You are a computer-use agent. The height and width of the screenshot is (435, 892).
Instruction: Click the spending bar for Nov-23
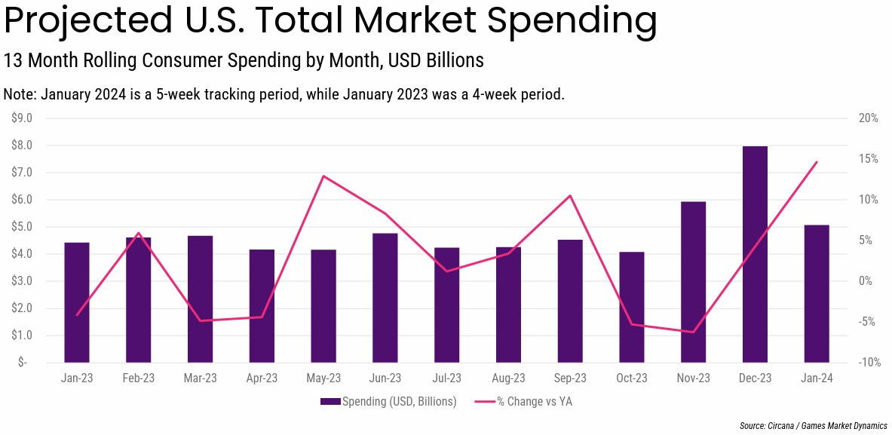pos(693,282)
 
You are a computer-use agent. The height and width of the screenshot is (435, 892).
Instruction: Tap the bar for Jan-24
pos(817,293)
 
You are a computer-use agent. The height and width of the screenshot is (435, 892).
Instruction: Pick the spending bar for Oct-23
pos(632,307)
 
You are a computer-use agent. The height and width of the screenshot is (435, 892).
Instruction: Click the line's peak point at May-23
pos(323,176)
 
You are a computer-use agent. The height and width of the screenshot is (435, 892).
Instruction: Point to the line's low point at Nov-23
pos(693,332)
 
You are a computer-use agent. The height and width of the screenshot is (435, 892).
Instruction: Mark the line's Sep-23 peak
pos(570,196)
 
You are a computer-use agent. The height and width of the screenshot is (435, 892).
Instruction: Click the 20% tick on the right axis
pos(868,118)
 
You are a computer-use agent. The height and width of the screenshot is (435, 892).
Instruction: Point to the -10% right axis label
pos(867,363)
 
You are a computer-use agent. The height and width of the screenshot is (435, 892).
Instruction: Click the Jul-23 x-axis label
pos(446,378)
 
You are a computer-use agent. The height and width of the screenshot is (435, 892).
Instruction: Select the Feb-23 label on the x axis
pos(139,378)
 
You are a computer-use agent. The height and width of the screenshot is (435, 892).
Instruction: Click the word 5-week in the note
pos(237,95)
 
